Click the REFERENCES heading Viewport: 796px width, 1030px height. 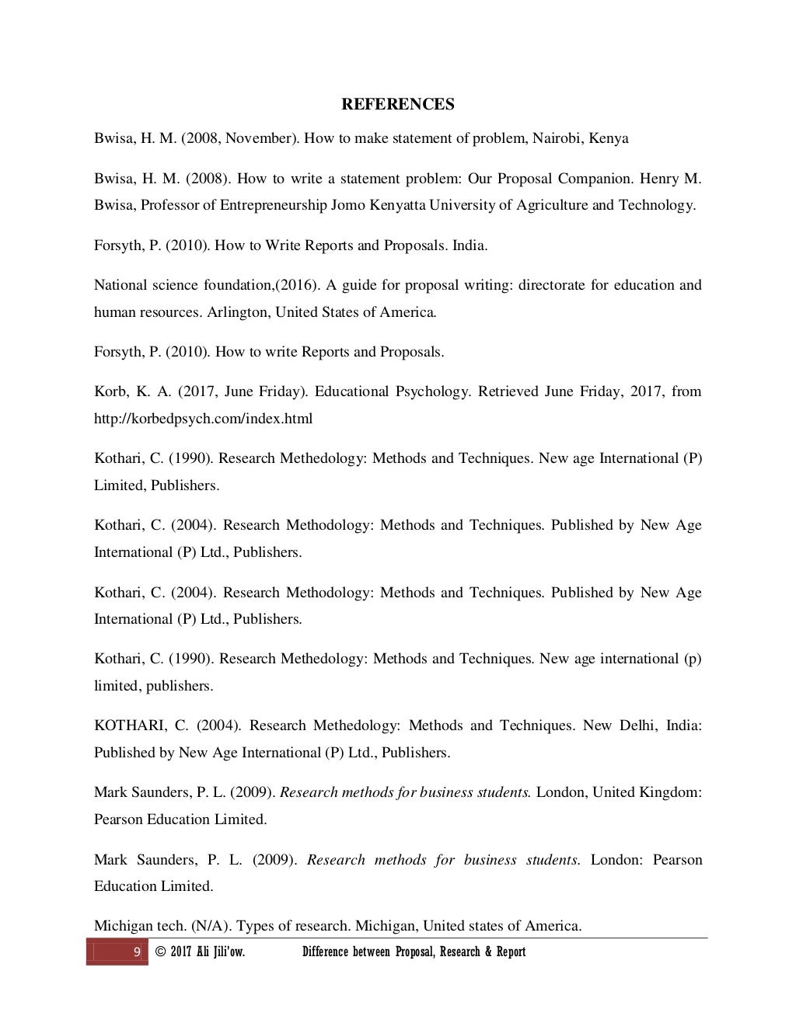pos(398,104)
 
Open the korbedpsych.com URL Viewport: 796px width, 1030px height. pos(203,419)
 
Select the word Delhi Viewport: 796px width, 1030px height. pos(637,726)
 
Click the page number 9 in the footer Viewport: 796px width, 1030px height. pos(138,952)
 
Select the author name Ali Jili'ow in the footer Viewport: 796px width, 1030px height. pos(217,952)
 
